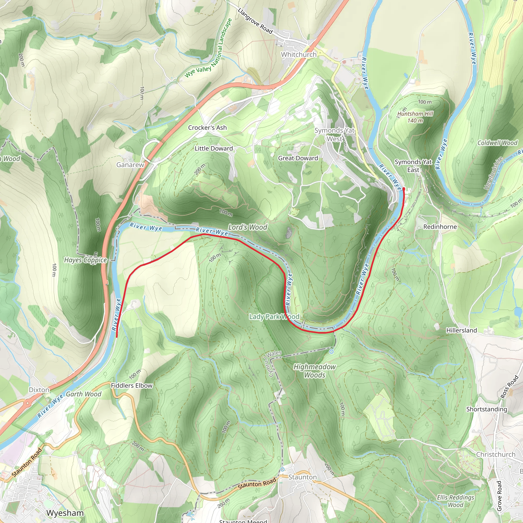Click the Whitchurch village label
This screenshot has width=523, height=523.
pyautogui.click(x=299, y=54)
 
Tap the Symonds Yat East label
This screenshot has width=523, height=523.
pyautogui.click(x=413, y=166)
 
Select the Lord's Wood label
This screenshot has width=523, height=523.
pyautogui.click(x=248, y=227)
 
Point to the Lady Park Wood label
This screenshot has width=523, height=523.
pyautogui.click(x=274, y=316)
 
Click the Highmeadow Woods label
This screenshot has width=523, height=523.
pyautogui.click(x=314, y=371)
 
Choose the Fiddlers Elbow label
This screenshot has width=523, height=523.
pyautogui.click(x=132, y=385)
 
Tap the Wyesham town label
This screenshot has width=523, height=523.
pyautogui.click(x=65, y=513)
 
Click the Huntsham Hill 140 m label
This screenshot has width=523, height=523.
pyautogui.click(x=415, y=117)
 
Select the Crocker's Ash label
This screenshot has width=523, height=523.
pyautogui.click(x=207, y=127)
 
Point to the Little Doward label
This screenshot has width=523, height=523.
pyautogui.click(x=213, y=148)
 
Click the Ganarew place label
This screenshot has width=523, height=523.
pyautogui.click(x=130, y=165)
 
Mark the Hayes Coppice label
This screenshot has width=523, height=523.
pyautogui.click(x=86, y=260)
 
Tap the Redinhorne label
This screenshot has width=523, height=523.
pyautogui.click(x=440, y=227)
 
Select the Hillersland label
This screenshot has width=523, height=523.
pyautogui.click(x=461, y=330)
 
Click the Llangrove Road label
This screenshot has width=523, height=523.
pyautogui.click(x=255, y=21)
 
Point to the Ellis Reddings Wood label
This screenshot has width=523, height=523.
pyautogui.click(x=455, y=501)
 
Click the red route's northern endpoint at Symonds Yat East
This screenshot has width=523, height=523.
pyautogui.click(x=404, y=189)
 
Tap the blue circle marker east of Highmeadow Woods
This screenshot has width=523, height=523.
pyautogui.click(x=331, y=352)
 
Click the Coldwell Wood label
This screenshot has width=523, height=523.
pyautogui.click(x=497, y=143)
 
